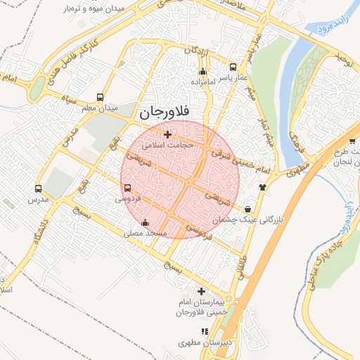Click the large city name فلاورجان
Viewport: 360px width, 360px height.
[x=171, y=112]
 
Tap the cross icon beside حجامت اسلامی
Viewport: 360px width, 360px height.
[x=167, y=134]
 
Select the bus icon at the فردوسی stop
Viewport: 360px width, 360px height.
[x=127, y=188]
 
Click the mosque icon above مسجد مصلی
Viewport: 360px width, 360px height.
[x=145, y=223]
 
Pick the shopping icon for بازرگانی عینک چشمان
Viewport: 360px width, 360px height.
[x=248, y=210]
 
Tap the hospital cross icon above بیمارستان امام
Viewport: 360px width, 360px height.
[x=202, y=291]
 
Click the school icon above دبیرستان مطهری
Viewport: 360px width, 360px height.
[x=205, y=331]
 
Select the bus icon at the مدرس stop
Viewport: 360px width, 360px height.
[x=38, y=188]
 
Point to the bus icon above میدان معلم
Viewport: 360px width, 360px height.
[x=101, y=98]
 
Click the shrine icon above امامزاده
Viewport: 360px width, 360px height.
[x=203, y=71]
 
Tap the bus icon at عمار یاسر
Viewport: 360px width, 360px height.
[x=233, y=67]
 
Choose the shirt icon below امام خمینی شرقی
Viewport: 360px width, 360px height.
[x=262, y=187]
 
